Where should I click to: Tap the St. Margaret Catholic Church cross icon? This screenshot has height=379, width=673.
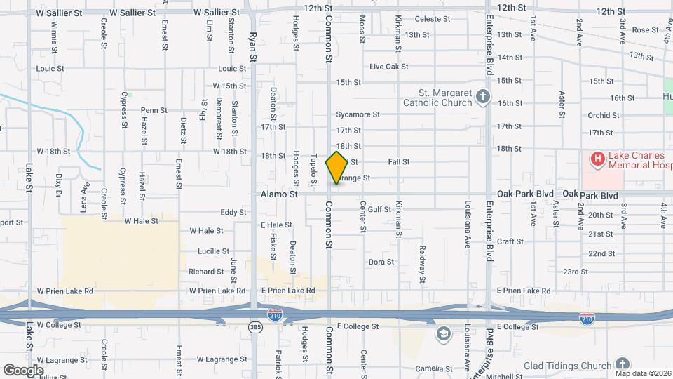482,97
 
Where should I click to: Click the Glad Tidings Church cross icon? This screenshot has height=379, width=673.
622,364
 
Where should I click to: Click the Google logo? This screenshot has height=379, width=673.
23,370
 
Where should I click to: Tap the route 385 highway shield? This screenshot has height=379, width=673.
256,327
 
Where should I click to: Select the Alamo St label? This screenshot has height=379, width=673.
280,194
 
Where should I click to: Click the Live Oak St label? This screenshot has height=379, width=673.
388,67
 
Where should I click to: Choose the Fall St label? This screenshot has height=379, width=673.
398,162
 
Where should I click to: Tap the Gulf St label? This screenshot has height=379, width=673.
379,209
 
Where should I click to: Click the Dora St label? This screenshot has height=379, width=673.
382,262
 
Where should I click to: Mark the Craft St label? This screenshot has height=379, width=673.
510,241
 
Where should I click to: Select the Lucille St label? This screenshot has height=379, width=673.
209,251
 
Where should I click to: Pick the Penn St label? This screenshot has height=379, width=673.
154,110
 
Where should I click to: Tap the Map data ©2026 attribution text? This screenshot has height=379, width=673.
643,373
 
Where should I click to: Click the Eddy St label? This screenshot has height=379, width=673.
233,212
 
